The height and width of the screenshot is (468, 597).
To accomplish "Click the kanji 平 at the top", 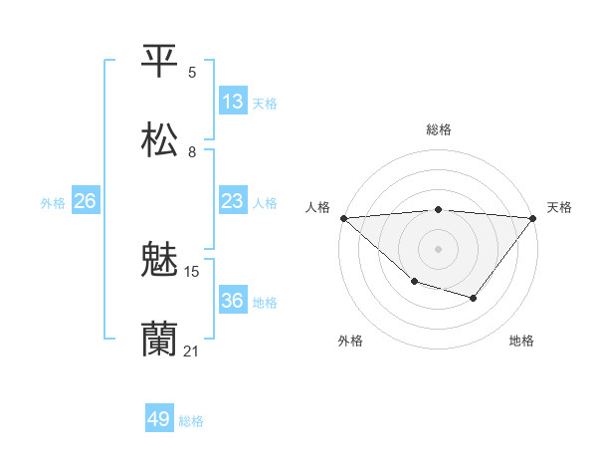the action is coord(160,61).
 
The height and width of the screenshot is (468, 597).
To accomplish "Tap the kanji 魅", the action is coord(160,261).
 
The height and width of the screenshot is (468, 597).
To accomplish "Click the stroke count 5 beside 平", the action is coord(192,72).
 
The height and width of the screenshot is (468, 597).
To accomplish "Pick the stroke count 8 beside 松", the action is coord(192,151).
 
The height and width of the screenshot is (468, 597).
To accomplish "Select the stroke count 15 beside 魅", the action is coord(193,271).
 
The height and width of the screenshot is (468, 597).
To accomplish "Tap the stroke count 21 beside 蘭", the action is coord(192,351).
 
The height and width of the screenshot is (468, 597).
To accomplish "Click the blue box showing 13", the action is coord(233,102).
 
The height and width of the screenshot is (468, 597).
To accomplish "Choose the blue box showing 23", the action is coord(233,201).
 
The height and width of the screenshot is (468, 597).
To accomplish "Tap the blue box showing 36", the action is coord(233,301).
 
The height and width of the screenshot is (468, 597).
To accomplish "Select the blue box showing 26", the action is coord(86,201).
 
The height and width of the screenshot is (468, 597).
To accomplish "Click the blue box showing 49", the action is coord(159,419).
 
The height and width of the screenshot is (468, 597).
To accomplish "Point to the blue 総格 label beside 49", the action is coord(191,421).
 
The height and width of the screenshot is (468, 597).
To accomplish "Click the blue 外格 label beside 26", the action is coord(53,203).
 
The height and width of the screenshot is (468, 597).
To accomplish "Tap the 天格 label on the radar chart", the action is coord(559,207).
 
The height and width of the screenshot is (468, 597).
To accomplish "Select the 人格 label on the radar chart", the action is coord(317,207).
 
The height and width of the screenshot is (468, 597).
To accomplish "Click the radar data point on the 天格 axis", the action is coord(533,218).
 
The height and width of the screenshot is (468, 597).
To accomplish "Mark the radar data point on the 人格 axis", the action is coord(343,218).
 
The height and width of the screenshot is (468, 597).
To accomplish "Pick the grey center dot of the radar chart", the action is coord(438,249).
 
